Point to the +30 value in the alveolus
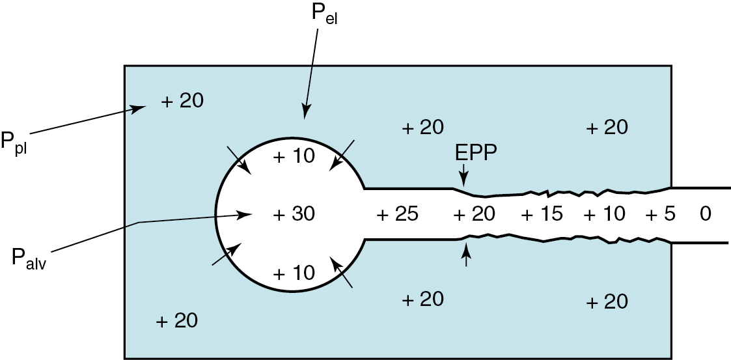tap(294, 214)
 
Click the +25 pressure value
tap(397, 214)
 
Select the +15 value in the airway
tap(542, 214)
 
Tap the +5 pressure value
tap(661, 214)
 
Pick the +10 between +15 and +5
tap(604, 214)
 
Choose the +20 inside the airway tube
tap(474, 214)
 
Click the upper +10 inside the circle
tap(294, 156)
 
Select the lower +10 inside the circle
tap(294, 272)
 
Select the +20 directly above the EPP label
tap(422, 127)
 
